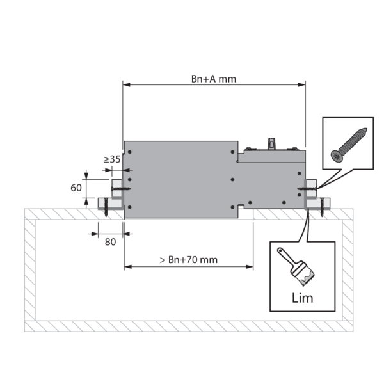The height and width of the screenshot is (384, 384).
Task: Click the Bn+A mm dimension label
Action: tap(214, 79)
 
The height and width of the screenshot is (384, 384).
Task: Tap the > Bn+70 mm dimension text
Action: tap(189, 260)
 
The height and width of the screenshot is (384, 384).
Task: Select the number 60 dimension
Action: tap(76, 188)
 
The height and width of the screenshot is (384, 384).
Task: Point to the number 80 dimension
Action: tap(110, 242)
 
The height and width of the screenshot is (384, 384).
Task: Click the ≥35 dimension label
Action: tap(112, 159)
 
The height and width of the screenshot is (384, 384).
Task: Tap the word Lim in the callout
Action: tap(302, 298)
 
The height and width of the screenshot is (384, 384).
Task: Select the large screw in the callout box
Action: tap(349, 145)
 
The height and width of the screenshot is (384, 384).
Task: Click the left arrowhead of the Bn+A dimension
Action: tap(126, 84)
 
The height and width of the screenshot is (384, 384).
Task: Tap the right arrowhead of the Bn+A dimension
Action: tap(301, 84)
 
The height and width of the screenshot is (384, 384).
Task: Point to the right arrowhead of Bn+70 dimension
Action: tap(250, 267)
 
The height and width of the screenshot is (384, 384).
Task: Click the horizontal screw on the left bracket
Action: tap(121, 189)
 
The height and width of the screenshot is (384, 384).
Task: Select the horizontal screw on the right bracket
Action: tap(307, 189)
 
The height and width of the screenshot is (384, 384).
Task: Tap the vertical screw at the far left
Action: tap(106, 207)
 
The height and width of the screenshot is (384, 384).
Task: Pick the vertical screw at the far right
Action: tap(322, 207)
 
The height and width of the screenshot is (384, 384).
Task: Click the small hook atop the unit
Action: tap(271, 143)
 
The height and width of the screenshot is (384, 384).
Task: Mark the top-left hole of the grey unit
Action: tap(130, 152)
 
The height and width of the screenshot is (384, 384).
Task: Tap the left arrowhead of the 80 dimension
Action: tap(95, 234)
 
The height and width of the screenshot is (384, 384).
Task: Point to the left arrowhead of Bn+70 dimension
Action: tap(128, 267)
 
